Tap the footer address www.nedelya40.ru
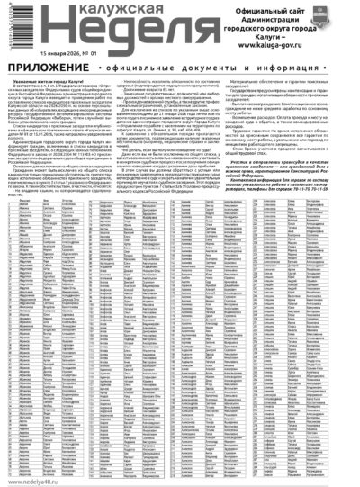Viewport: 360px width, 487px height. click(35, 481)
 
